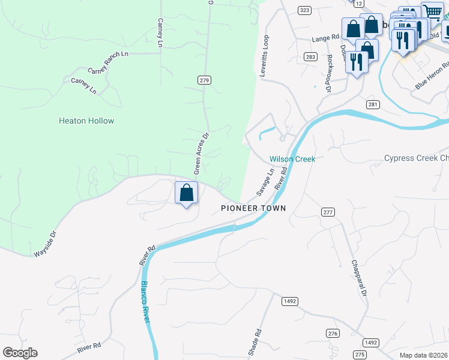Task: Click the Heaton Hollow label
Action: (x=86, y=121)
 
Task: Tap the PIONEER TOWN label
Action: (x=253, y=208)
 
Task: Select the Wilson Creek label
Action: (x=292, y=159)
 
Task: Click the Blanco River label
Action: (x=145, y=303)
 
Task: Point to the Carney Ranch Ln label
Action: (x=108, y=62)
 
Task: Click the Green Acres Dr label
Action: (x=200, y=154)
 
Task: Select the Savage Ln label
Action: (x=265, y=181)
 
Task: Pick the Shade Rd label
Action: (x=257, y=341)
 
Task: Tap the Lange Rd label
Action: (x=325, y=38)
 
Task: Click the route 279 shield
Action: (x=205, y=80)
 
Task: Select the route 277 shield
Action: (x=327, y=212)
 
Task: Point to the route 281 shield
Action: (x=373, y=105)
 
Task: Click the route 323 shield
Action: (x=304, y=10)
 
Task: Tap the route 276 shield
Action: (x=333, y=333)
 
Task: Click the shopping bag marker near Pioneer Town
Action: (x=187, y=193)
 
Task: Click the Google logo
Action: (x=20, y=353)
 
